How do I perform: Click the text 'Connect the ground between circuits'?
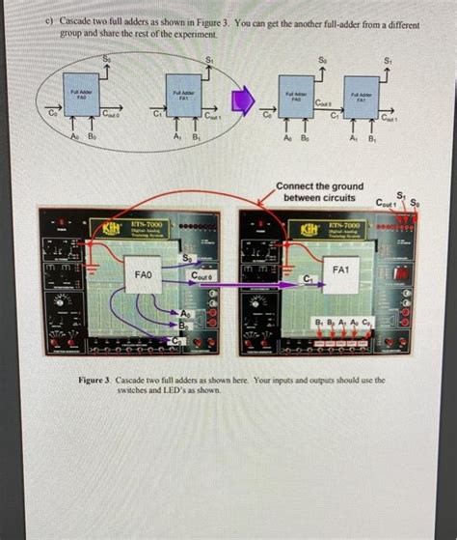pos(319,191)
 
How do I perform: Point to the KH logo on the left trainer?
pos(99,228)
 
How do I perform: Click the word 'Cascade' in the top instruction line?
pos(79,19)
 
